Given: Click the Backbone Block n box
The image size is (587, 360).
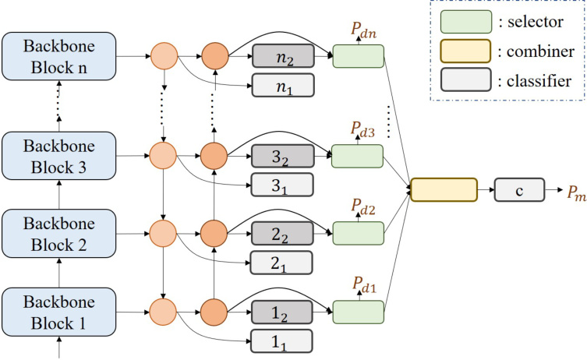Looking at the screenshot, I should tap(59, 56).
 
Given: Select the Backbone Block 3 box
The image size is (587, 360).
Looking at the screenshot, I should tap(59, 156).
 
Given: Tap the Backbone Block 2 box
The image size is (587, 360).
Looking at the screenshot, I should tap(59, 234).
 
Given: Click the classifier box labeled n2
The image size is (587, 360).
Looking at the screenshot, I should tap(282, 56).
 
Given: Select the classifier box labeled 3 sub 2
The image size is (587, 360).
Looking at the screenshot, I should tap(282, 156).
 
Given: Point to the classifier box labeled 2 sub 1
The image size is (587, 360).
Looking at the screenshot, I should tap(282, 263).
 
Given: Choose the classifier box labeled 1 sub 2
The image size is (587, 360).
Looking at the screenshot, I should tap(282, 312).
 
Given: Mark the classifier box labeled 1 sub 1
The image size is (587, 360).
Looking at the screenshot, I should tap(282, 341).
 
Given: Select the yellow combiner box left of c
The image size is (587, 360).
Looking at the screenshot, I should tap(443, 190).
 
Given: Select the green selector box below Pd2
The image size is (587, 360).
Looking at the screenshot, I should tap(358, 232).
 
